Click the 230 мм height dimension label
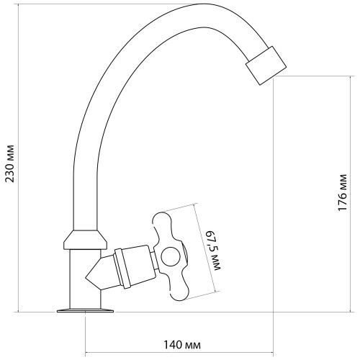pos(10,163)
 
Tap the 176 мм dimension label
pos(343,192)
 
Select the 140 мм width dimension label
pos(182,345)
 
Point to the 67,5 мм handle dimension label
pos(214,251)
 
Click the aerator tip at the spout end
pos(266,66)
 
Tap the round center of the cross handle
pos(171,256)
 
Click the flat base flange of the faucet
pos(85,311)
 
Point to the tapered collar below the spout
pos(85,240)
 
